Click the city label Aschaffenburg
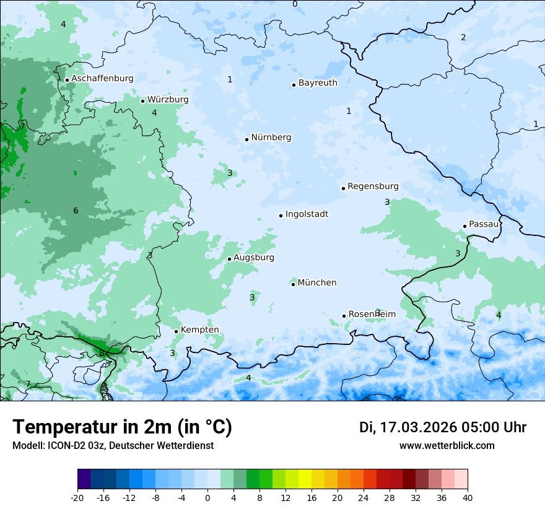(102, 79)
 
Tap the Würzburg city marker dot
(142, 101)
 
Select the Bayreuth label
(318, 82)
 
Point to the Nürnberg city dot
(246, 139)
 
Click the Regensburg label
(373, 186)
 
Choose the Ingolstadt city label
(307, 214)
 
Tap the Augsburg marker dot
(229, 259)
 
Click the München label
(317, 282)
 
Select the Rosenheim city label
(372, 314)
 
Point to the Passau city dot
(464, 226)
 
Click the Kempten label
(199, 329)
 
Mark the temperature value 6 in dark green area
(76, 211)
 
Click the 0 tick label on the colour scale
(207, 497)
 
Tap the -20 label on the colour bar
(77, 497)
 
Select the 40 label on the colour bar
(468, 497)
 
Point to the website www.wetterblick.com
(447, 445)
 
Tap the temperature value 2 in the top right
(463, 37)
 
